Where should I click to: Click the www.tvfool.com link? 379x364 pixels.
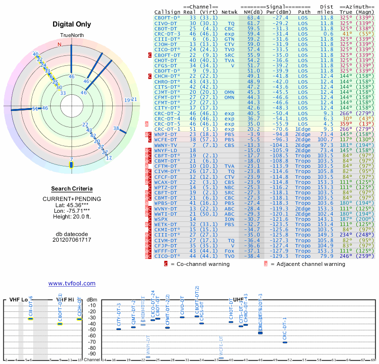(72, 283)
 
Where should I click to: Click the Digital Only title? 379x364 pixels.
(72, 24)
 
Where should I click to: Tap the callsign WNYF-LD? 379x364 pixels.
(166, 150)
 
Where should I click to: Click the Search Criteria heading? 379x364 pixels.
(72, 189)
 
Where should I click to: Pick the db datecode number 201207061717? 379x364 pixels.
(72, 240)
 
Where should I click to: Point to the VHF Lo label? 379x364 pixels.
(19, 300)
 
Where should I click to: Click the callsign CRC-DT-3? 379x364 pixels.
(168, 34)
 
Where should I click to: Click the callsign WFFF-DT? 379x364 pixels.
(166, 251)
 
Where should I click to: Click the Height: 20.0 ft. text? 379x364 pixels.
(72, 218)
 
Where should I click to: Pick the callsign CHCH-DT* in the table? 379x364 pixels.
(168, 76)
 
